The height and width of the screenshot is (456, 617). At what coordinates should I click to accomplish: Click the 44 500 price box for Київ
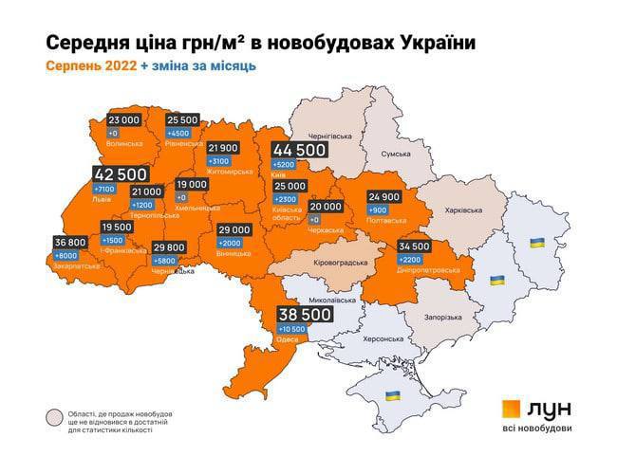point(300,150)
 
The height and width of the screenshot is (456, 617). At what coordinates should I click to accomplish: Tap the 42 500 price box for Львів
point(121,175)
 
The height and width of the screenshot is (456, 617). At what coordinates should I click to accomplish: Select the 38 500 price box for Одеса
point(304,314)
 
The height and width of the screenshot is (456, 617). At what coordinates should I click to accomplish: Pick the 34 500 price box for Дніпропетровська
point(415,246)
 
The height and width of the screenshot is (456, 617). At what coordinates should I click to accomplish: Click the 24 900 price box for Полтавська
point(386,196)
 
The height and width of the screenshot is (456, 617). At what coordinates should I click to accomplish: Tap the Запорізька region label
point(440,317)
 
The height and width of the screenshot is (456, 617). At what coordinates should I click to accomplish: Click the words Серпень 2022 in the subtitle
point(89,66)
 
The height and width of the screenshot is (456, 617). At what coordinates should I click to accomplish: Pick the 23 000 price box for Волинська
point(124,120)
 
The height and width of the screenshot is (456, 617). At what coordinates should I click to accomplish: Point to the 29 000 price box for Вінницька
point(234,229)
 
